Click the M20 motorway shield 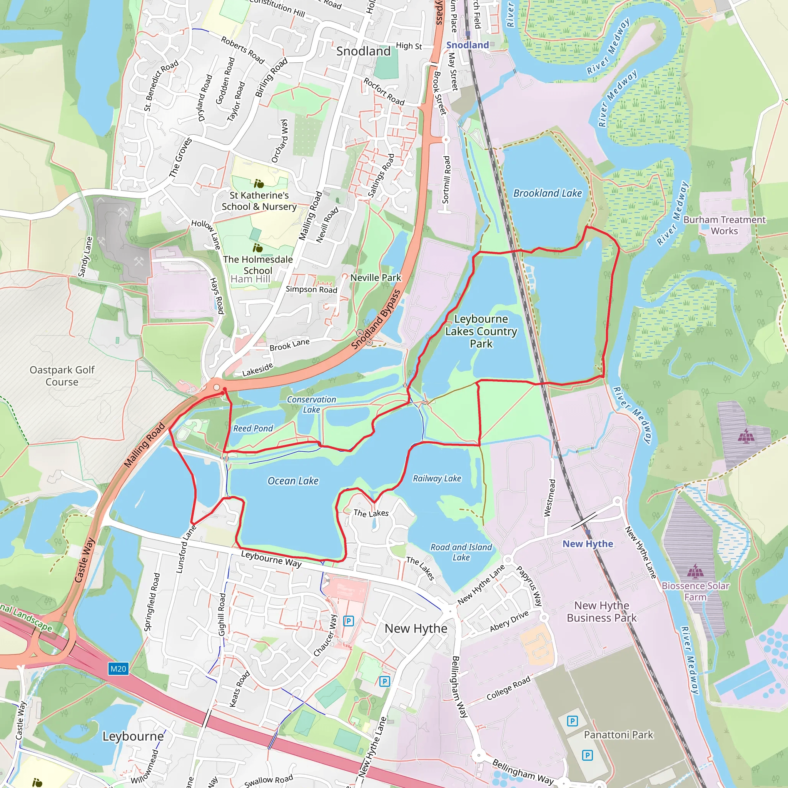click(118, 668)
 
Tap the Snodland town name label click(363, 51)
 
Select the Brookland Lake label click(548, 193)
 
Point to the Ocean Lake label click(293, 481)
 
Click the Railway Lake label click(437, 478)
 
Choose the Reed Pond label click(253, 428)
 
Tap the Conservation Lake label click(311, 405)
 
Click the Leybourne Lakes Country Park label click(481, 331)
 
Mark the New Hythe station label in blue click(588, 544)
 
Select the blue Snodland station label click(467, 45)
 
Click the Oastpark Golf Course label click(62, 376)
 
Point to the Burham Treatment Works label click(725, 225)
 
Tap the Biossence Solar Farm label click(695, 591)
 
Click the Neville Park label click(376, 278)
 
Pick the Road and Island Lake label click(461, 552)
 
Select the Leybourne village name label click(133, 736)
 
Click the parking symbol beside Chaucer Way click(348, 621)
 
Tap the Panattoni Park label click(618, 735)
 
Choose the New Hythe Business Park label click(602, 611)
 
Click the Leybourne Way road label click(271, 559)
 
